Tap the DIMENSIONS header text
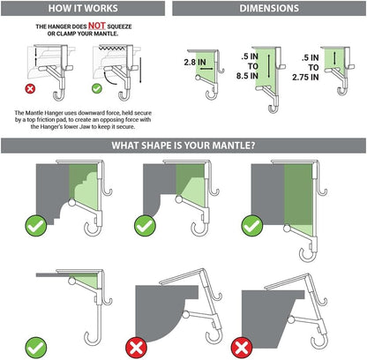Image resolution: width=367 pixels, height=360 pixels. [x=267, y=8]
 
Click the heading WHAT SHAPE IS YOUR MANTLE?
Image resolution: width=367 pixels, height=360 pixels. [x=183, y=145]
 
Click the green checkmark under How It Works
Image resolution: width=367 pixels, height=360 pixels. [x=98, y=89]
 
